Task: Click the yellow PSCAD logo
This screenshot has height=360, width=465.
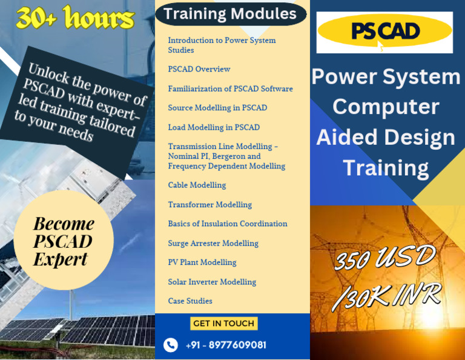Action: click(384, 32)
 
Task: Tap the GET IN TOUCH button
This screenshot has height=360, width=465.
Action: click(223, 324)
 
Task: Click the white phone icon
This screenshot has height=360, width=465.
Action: click(171, 345)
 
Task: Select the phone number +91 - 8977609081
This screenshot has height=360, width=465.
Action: click(226, 345)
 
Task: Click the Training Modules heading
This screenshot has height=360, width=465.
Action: click(230, 13)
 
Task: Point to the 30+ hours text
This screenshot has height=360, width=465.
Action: click(75, 19)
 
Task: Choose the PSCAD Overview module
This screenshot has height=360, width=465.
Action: click(199, 69)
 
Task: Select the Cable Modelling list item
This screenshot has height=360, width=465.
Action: click(197, 185)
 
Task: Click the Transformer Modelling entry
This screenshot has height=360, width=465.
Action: click(209, 204)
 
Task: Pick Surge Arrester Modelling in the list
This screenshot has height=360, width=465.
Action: click(213, 243)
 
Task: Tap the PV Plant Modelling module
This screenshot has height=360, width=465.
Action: click(202, 262)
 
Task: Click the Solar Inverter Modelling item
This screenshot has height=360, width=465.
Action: click(212, 282)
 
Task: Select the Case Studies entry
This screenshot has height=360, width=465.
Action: click(190, 301)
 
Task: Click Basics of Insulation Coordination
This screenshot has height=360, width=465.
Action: click(228, 224)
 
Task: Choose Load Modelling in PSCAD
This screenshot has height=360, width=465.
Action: click(214, 127)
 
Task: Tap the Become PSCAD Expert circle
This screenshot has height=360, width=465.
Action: click(64, 241)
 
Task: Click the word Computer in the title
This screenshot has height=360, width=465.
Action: click(386, 107)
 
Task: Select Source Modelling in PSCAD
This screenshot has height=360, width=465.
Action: click(217, 108)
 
